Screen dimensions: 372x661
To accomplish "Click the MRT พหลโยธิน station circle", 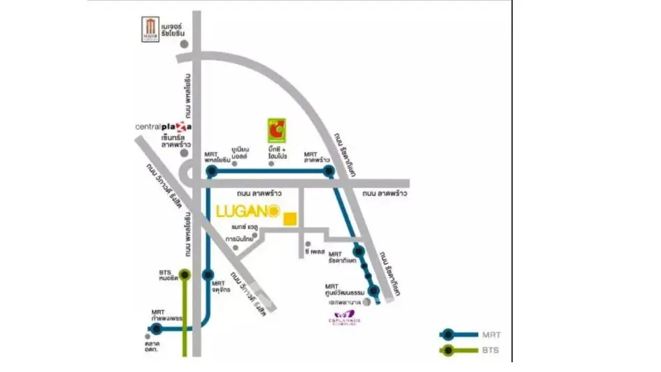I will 212,170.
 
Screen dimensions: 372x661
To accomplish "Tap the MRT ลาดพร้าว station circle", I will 328,170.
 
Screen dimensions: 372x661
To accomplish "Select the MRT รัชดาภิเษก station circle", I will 359,251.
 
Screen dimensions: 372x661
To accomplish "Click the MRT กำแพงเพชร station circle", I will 158,329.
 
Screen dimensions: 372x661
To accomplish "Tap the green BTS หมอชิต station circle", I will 185,274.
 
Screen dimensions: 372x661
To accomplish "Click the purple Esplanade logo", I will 342,318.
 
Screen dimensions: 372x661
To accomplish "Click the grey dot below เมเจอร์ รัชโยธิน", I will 185,44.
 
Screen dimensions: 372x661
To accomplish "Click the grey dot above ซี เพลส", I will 307,244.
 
